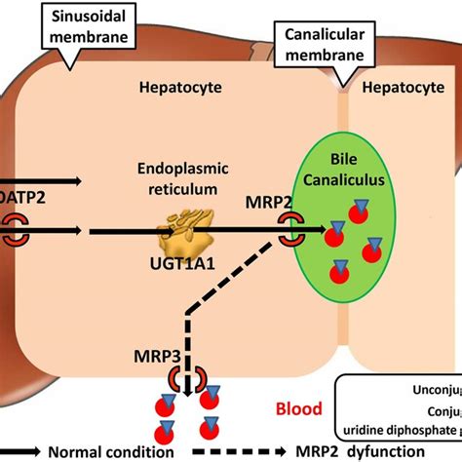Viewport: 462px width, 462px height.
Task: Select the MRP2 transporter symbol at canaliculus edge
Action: point(290,231)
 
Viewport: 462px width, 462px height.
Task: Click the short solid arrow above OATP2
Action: point(44,180)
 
